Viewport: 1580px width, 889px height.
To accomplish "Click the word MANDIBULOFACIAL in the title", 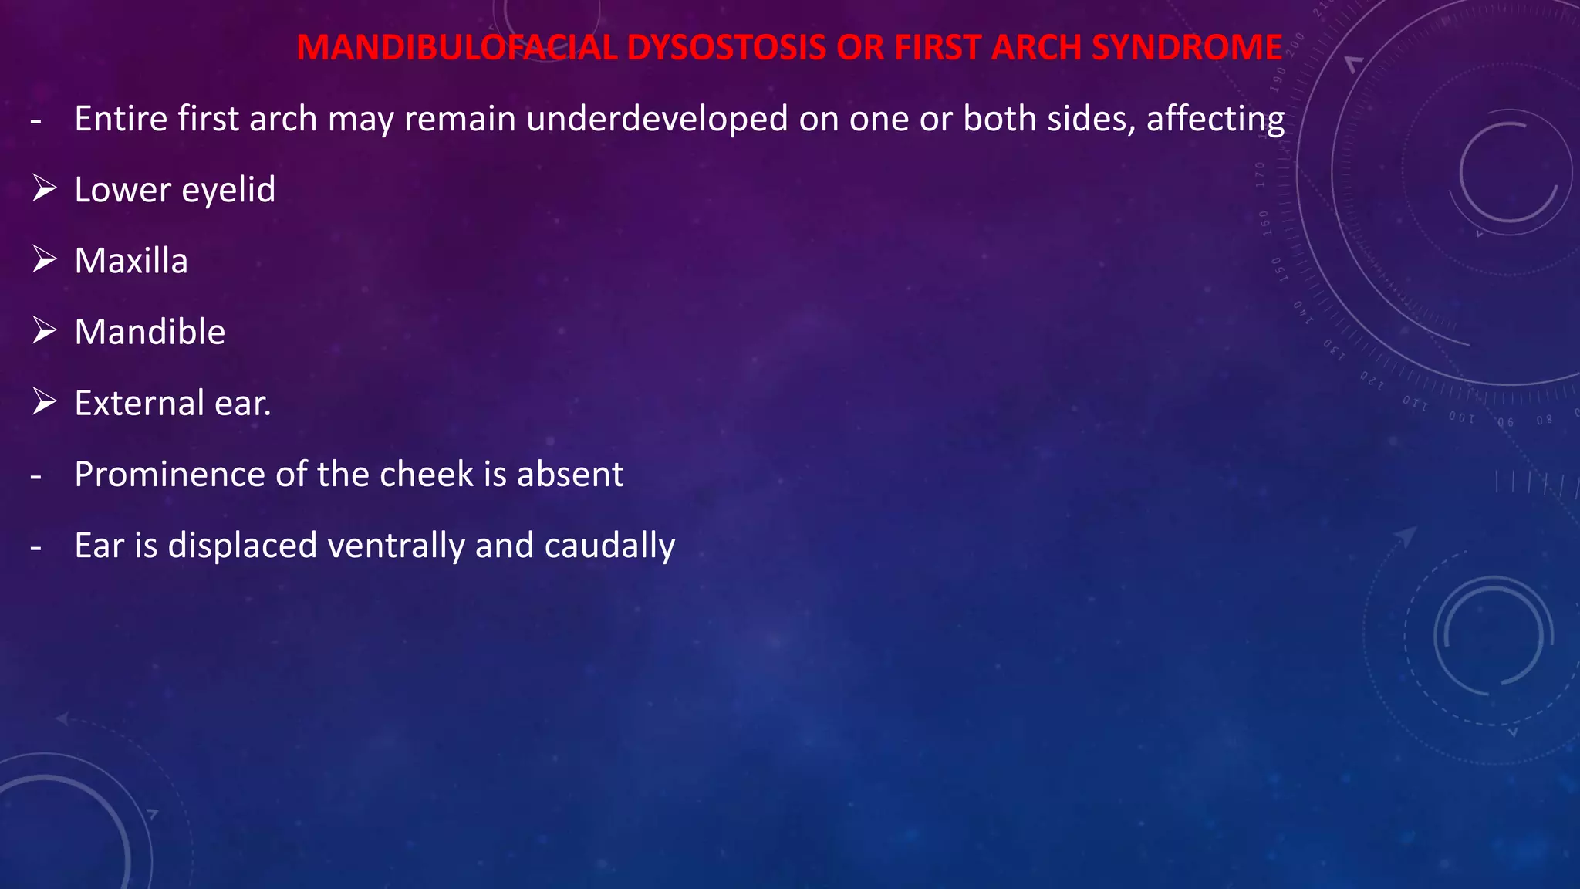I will pos(457,48).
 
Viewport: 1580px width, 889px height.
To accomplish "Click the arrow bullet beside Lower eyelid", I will pos(45,188).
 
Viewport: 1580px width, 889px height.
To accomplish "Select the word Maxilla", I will pos(131,261).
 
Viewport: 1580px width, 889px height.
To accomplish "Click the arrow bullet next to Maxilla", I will pos(45,259).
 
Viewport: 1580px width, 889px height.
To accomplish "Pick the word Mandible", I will pos(150,332).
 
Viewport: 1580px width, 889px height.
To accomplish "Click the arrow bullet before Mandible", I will pos(45,330).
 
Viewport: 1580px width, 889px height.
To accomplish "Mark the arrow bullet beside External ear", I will pos(45,401).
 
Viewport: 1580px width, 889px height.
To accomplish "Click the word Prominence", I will pos(169,475).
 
